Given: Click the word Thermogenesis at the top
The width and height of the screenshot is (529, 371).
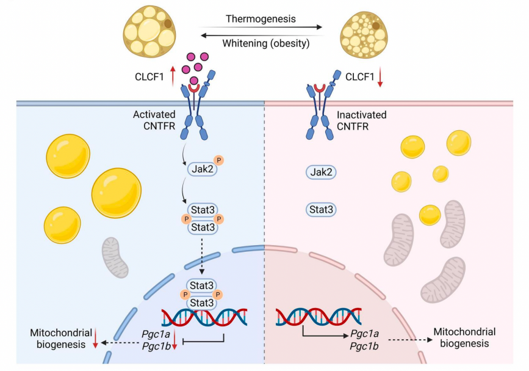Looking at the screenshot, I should pos(261,19).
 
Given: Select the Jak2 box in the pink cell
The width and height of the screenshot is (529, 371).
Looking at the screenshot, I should pos(322,172).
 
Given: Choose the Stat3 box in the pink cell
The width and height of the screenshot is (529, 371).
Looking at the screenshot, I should pos(322,210).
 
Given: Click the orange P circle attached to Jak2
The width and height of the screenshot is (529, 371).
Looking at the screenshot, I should pos(218,161).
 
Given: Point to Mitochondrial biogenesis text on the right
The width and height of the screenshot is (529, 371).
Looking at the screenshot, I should pos(464,337).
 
